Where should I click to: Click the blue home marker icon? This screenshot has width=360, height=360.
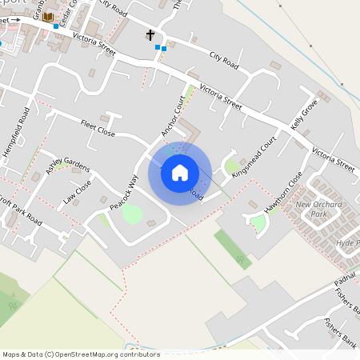tap(179, 172)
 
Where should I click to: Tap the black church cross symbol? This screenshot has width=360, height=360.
tap(150, 35)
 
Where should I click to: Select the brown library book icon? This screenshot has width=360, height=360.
tap(48, 17)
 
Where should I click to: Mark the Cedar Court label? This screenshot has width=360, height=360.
tap(70, 10)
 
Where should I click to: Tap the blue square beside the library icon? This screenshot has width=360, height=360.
tap(56, 26)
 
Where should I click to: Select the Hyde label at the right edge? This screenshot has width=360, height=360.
tap(348, 242)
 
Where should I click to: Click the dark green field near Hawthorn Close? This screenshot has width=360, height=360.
tap(232, 248)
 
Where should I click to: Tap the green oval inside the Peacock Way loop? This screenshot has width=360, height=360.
tap(132, 214)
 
